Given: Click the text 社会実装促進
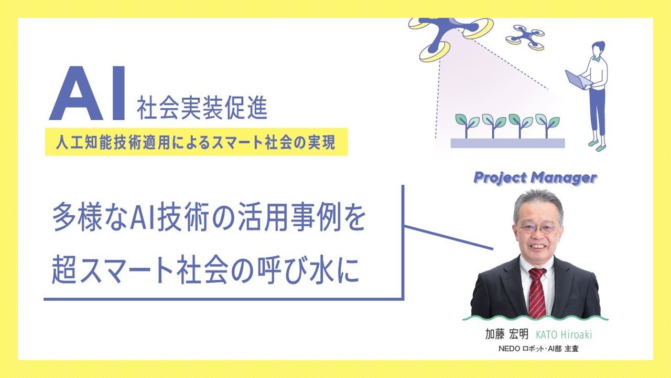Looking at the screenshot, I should pos(202,107).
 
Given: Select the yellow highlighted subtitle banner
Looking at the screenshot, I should pos(196,141).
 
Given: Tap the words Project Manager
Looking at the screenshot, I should pos(535,178).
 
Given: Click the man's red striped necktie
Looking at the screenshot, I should pos(537,292).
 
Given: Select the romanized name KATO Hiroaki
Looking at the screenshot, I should pos(564,335).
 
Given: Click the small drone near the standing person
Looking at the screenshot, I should pos(525,37).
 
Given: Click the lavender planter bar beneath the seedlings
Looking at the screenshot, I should pos(507,143).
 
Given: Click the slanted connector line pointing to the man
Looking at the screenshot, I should pos(449,238).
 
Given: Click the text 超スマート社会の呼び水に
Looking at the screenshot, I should pos(205,271).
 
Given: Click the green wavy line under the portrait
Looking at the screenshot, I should pos(535,318).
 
